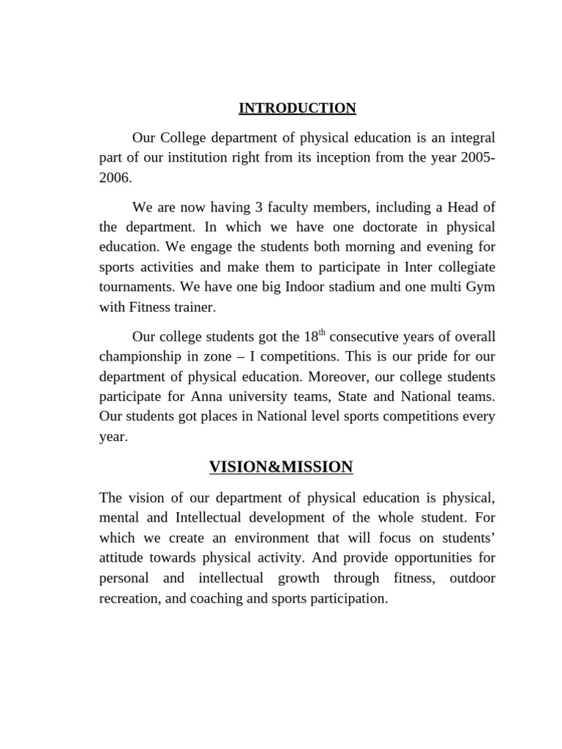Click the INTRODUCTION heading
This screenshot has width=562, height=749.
pyautogui.click(x=297, y=108)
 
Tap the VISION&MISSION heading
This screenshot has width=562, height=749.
pyautogui.click(x=281, y=467)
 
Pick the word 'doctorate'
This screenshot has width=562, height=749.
pyautogui.click(x=351, y=227)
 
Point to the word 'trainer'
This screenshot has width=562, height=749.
pyautogui.click(x=193, y=307)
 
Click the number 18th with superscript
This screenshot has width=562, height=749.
pyautogui.click(x=314, y=337)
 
